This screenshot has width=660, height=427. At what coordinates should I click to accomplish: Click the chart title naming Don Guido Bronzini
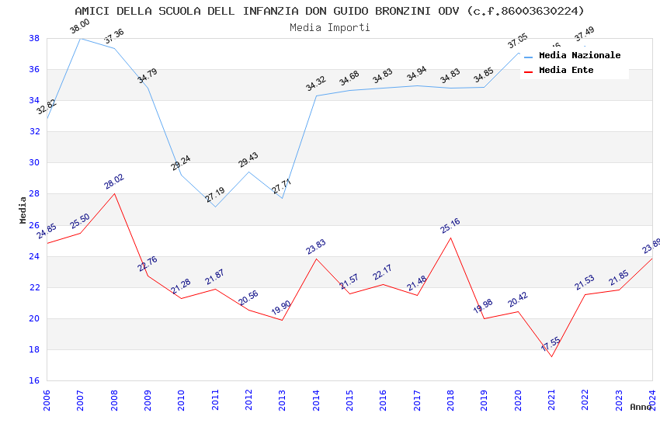coord(329,11)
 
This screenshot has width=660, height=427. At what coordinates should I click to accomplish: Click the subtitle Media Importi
coord(329,27)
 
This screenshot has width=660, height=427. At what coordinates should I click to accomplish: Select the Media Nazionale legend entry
coord(579,56)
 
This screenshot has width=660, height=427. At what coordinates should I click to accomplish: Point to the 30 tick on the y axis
coord(35,163)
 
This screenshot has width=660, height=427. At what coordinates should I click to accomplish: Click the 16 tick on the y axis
coord(35,380)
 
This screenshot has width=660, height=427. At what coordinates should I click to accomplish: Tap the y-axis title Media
coord(23,210)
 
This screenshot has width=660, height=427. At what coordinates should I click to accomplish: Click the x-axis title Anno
coord(641,407)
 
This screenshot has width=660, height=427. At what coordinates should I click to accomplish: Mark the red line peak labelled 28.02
coord(115,193)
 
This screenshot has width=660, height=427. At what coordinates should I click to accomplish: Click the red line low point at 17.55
coord(551,356)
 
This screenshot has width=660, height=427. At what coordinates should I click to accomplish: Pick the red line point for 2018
coord(450,238)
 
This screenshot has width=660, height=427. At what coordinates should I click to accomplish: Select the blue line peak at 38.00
coord(81,38)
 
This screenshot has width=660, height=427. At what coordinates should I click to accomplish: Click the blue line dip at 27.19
coord(215,207)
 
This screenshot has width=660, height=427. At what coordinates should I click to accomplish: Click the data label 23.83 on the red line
coord(316,247)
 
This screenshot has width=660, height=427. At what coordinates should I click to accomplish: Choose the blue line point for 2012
coord(248,172)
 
